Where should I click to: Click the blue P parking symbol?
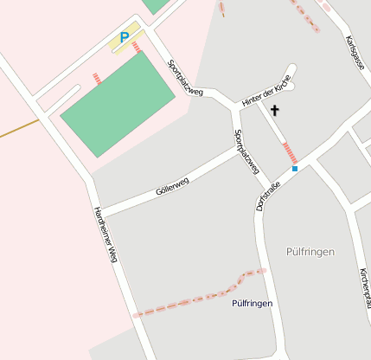click(x=124, y=38)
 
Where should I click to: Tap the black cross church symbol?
click(x=276, y=110)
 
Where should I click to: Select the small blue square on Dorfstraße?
click(x=295, y=169)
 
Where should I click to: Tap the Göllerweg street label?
click(x=172, y=184)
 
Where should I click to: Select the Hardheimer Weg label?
click(x=105, y=235)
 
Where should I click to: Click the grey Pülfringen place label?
click(x=309, y=252)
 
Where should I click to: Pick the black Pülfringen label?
click(x=253, y=304)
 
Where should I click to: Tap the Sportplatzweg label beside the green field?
click(x=184, y=78)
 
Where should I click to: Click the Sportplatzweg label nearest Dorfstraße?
click(x=247, y=151)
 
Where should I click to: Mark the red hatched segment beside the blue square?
click(x=290, y=152)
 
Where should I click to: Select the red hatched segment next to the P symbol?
click(x=138, y=46)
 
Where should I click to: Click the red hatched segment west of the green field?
click(x=97, y=80)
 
